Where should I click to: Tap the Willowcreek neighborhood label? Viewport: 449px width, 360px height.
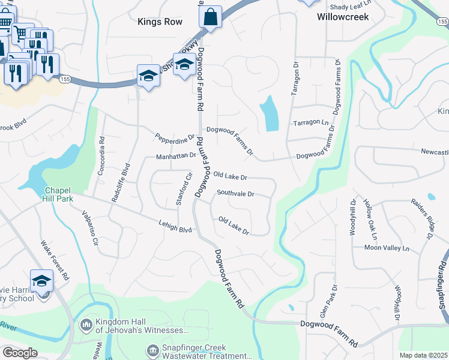point(343,17)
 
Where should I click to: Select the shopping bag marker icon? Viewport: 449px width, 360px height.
point(210,17)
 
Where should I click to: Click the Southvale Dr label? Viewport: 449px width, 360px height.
point(236,194)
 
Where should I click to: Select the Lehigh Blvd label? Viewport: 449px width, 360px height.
point(175,229)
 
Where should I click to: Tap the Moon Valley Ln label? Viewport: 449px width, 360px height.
point(387,247)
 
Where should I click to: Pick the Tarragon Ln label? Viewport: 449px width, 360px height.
point(312,122)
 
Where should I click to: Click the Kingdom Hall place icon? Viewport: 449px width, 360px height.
point(86,325)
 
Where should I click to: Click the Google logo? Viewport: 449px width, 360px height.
point(19,353)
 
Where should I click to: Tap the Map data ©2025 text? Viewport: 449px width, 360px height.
point(423,355)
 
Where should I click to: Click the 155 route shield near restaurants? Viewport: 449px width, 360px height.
point(65,79)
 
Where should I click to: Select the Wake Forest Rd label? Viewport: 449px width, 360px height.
point(55,260)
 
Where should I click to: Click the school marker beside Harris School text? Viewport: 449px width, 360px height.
point(41,280)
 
